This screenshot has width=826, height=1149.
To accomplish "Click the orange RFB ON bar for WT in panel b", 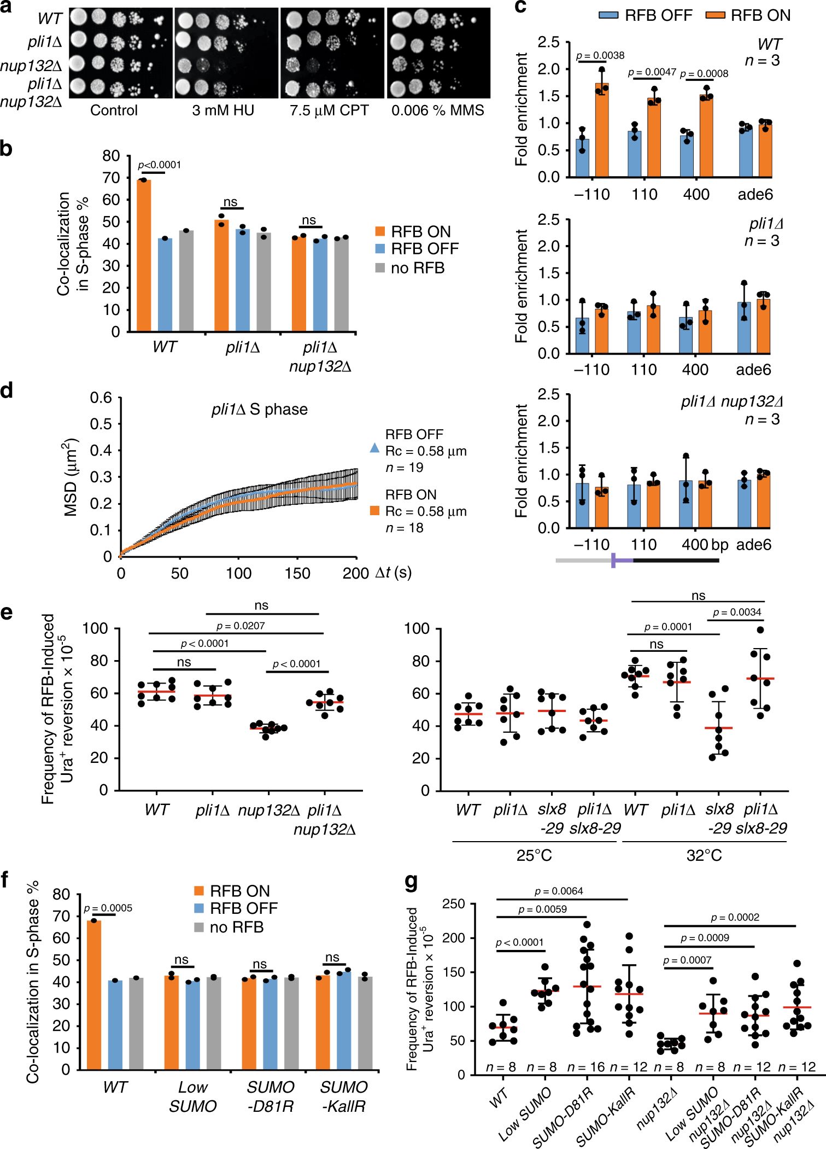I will click(144, 255).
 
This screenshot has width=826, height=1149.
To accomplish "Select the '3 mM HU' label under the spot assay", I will click(223, 110).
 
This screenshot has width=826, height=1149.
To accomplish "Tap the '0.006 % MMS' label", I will click(437, 110).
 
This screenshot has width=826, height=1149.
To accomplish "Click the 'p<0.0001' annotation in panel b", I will click(159, 165).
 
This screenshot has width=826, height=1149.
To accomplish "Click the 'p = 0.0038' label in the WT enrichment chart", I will click(600, 55).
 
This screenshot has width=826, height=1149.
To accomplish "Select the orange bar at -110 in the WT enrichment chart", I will click(602, 130).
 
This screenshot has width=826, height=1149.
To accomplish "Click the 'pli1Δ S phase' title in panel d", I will click(259, 410).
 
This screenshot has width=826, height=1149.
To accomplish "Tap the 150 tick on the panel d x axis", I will click(297, 573).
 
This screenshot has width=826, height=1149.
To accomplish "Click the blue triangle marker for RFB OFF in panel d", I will click(374, 448).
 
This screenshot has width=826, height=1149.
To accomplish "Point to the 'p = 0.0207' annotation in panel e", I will click(241, 626).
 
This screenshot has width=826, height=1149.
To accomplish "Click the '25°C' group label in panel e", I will click(534, 855).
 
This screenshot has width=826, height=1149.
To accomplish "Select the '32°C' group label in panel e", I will click(704, 855).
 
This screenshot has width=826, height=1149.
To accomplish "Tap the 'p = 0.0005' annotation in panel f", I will click(108, 908).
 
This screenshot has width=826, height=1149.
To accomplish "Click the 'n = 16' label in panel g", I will click(586, 1067).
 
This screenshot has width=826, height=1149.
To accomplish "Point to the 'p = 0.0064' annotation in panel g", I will click(559, 891).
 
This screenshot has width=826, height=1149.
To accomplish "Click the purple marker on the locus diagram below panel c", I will click(614, 560).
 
